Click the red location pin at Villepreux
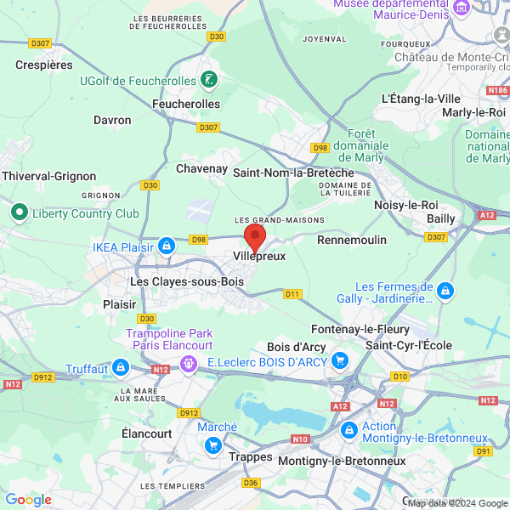[x=255, y=235]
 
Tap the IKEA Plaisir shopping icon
[x=165, y=247]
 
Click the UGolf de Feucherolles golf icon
[x=208, y=81]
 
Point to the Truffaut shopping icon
[x=120, y=367]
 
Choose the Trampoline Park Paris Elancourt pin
[x=189, y=363]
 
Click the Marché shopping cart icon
[x=212, y=444]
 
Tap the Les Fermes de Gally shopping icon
[x=445, y=292]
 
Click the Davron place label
[x=112, y=121]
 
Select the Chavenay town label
[x=201, y=168]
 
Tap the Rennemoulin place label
[x=352, y=241]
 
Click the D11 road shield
[x=292, y=294]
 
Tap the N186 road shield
[x=497, y=89]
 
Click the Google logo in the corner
[x=28, y=500]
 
